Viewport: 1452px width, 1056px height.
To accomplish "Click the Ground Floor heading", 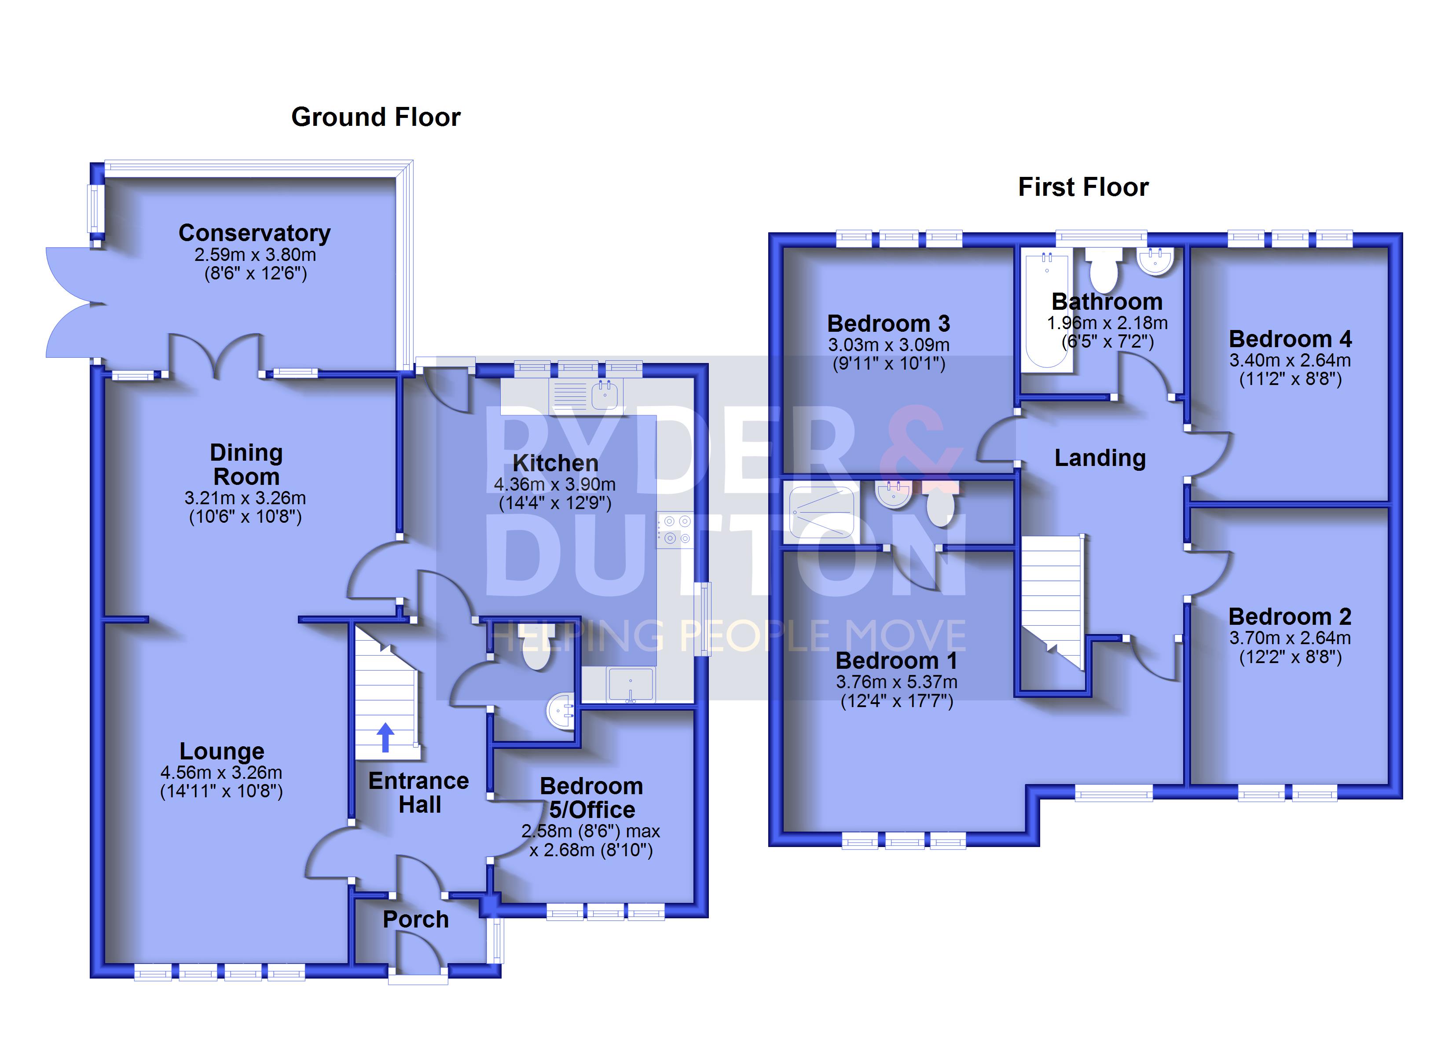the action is click(x=376, y=117).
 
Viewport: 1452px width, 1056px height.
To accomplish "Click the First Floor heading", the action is click(x=1083, y=187).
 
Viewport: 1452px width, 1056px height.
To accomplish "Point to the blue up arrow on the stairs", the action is click(x=385, y=737).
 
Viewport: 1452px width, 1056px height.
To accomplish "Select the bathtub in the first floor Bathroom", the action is click(x=1047, y=311).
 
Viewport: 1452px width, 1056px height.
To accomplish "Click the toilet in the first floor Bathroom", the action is click(x=1104, y=270).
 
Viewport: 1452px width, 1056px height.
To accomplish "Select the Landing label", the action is click(x=1100, y=458).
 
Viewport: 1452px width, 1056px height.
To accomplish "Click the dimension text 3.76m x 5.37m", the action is click(x=896, y=682).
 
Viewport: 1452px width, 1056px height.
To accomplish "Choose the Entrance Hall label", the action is click(x=419, y=793).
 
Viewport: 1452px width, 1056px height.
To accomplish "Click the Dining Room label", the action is click(x=246, y=464).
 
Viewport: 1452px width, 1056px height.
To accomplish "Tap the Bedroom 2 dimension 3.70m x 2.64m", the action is click(x=1290, y=638).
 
